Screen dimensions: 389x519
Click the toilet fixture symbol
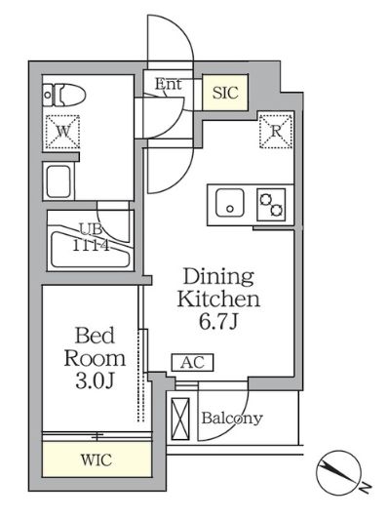tap(64, 95)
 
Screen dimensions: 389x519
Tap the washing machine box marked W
tap(62, 132)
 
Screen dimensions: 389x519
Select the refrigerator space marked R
tap(276, 131)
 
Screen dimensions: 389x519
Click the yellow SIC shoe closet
tap(225, 93)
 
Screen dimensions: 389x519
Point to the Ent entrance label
tap(169, 84)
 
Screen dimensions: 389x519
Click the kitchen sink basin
tap(230, 203)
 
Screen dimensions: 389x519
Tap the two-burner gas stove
tap(271, 205)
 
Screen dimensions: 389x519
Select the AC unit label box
tap(192, 363)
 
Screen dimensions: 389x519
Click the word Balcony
tap(232, 419)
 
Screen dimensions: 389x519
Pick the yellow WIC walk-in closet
tap(97, 459)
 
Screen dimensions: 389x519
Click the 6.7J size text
tap(218, 321)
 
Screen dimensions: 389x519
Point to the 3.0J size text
tap(95, 380)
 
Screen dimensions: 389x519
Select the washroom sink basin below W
tap(58, 181)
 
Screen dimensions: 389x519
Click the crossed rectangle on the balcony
tap(180, 419)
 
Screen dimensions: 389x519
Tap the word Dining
tap(218, 278)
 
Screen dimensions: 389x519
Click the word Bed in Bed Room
tap(95, 336)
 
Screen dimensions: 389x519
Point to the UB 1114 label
tap(91, 237)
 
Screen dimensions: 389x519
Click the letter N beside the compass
tap(366, 487)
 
